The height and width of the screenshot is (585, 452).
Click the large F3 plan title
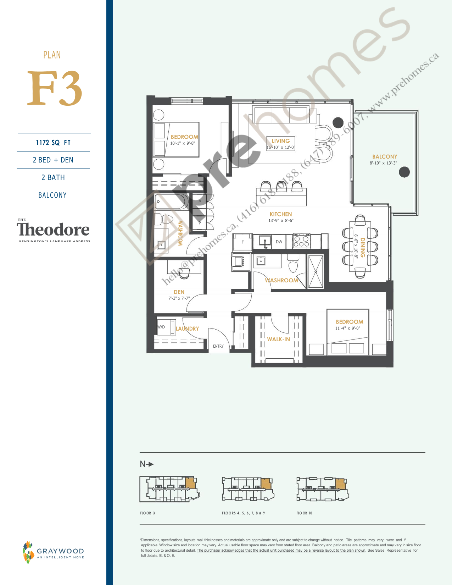point(55,89)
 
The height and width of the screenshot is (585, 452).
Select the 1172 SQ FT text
point(54,143)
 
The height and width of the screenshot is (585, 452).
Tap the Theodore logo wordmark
point(53,230)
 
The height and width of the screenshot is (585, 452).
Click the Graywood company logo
point(53,552)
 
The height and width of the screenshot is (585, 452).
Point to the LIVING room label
point(281,141)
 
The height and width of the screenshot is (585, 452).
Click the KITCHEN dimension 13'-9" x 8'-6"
point(281,220)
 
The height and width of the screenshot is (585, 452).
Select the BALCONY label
point(385,156)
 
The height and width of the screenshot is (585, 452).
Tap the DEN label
point(179,292)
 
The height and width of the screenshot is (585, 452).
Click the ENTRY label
point(218,346)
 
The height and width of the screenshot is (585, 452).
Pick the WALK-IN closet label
point(278,339)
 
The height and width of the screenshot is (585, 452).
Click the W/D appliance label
point(161,327)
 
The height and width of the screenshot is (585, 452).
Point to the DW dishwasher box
point(279,242)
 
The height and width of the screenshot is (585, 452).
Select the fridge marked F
point(242,242)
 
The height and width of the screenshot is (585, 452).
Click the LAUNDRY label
point(188,329)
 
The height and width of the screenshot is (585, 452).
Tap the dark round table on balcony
point(404,172)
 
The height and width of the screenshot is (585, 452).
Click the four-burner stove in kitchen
point(301,242)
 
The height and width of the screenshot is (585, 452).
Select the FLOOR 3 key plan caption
point(147,513)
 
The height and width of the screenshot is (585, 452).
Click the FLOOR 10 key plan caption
point(304,513)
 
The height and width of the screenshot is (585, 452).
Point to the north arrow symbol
point(147,464)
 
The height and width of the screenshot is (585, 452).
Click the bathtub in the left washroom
point(172,202)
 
